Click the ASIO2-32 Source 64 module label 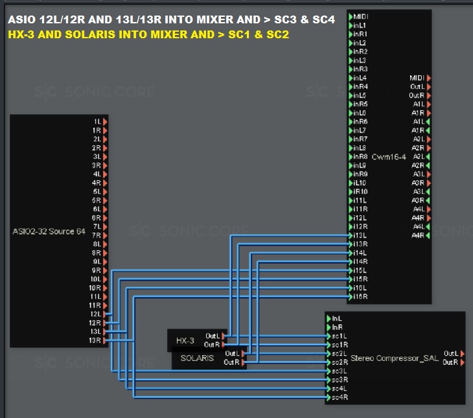coord(48,231)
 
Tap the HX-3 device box coord(185,340)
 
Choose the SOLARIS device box coord(198,358)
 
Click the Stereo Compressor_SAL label coord(393,358)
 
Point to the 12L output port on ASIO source coord(104,314)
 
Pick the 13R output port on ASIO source coord(104,340)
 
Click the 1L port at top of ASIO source coord(104,121)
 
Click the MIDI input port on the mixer coord(351,16)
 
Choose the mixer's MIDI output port coord(428,78)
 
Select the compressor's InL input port coord(329,318)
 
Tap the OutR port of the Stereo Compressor coord(461,362)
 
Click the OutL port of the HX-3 coord(224,336)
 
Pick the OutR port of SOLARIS coord(243,362)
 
